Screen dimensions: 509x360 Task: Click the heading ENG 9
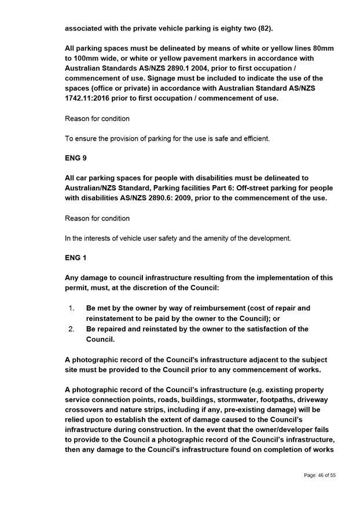(x=75, y=157)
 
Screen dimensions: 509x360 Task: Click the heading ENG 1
(x=75, y=257)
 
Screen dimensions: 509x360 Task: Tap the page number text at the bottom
(x=319, y=475)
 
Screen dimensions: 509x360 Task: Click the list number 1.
(x=71, y=308)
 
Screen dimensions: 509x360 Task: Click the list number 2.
(x=71, y=329)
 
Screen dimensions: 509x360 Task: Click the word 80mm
(x=322, y=47)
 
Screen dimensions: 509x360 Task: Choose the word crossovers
(x=87, y=410)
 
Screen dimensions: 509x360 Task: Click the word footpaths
(x=274, y=400)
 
